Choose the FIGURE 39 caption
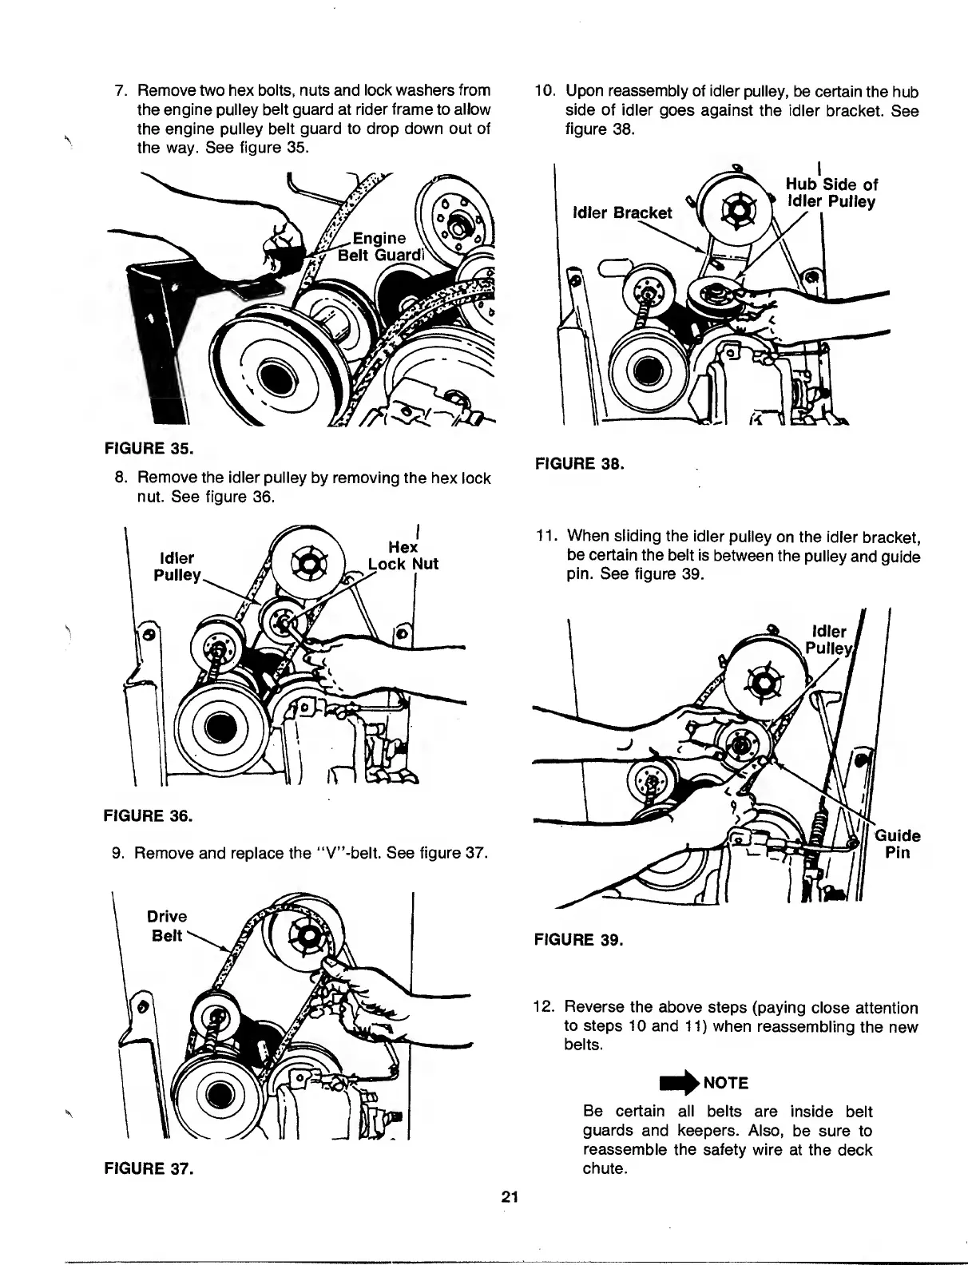(578, 939)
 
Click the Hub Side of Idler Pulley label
(831, 193)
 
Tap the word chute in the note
(605, 1168)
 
